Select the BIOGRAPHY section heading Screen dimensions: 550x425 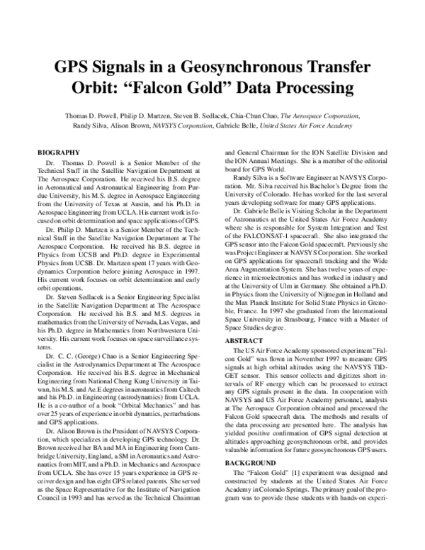pos(58,152)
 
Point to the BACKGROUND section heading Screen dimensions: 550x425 pos(252,461)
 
